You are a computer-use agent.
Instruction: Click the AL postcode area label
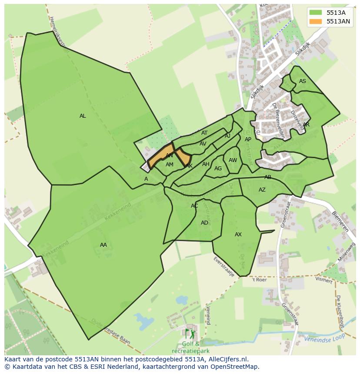83,116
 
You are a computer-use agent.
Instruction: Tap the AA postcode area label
103,245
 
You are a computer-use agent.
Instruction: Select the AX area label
238,235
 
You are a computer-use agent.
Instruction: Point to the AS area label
303,81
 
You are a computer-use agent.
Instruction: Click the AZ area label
262,190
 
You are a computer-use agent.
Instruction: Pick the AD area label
204,223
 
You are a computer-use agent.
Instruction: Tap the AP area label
248,139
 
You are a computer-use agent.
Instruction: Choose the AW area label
233,160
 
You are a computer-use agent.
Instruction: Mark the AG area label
218,169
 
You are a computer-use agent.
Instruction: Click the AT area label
204,133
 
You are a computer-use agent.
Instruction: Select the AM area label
170,165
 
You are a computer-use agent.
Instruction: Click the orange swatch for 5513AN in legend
316,21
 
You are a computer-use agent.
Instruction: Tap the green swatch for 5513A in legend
316,13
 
